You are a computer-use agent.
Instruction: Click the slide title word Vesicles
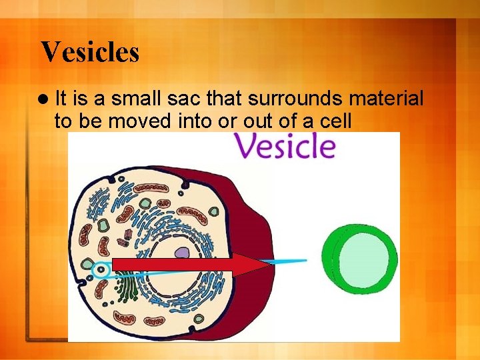(x=90, y=52)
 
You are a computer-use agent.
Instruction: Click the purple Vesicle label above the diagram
(x=284, y=146)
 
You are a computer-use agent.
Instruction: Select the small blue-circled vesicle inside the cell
(x=100, y=270)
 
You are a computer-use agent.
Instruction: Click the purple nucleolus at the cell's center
(x=182, y=253)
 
